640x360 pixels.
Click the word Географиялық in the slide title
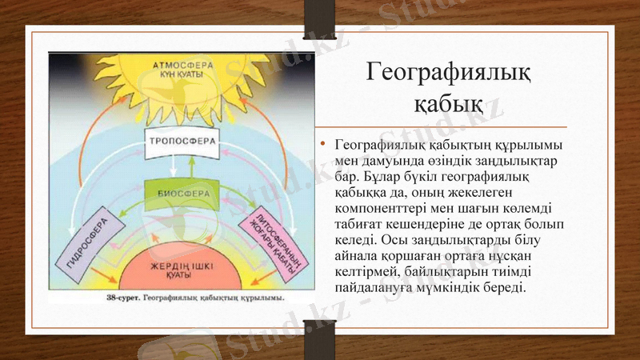pos(448,73)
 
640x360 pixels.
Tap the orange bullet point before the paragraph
pos(322,145)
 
